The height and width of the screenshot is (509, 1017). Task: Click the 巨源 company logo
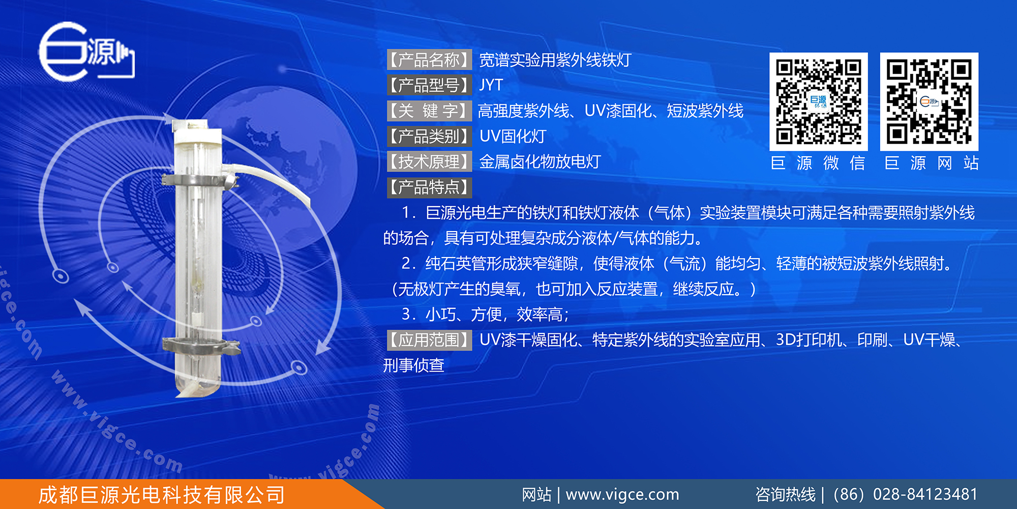pyautogui.click(x=86, y=51)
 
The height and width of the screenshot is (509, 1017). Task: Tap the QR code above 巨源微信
pyautogui.click(x=818, y=102)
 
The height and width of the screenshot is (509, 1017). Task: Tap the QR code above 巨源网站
pyautogui.click(x=929, y=102)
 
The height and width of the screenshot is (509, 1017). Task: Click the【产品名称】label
pyautogui.click(x=430, y=60)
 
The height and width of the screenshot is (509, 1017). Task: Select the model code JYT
pyautogui.click(x=491, y=85)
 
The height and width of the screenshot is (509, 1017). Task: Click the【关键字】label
pyautogui.click(x=430, y=110)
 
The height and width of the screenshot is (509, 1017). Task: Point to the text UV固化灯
pyautogui.click(x=513, y=136)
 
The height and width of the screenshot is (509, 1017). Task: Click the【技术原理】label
pyautogui.click(x=430, y=161)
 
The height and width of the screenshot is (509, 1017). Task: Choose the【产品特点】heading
pyautogui.click(x=430, y=187)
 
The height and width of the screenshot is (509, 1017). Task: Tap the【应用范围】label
pyautogui.click(x=430, y=340)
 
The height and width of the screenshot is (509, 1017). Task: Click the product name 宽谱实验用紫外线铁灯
pyautogui.click(x=555, y=60)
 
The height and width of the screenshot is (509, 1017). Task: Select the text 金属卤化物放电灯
pyautogui.click(x=540, y=161)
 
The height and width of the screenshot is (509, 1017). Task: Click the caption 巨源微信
pyautogui.click(x=818, y=163)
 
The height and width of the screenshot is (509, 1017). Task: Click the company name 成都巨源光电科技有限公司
pyautogui.click(x=161, y=495)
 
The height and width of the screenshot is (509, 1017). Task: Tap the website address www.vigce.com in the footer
pyautogui.click(x=622, y=494)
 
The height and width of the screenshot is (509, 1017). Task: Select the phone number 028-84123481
pyautogui.click(x=925, y=494)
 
